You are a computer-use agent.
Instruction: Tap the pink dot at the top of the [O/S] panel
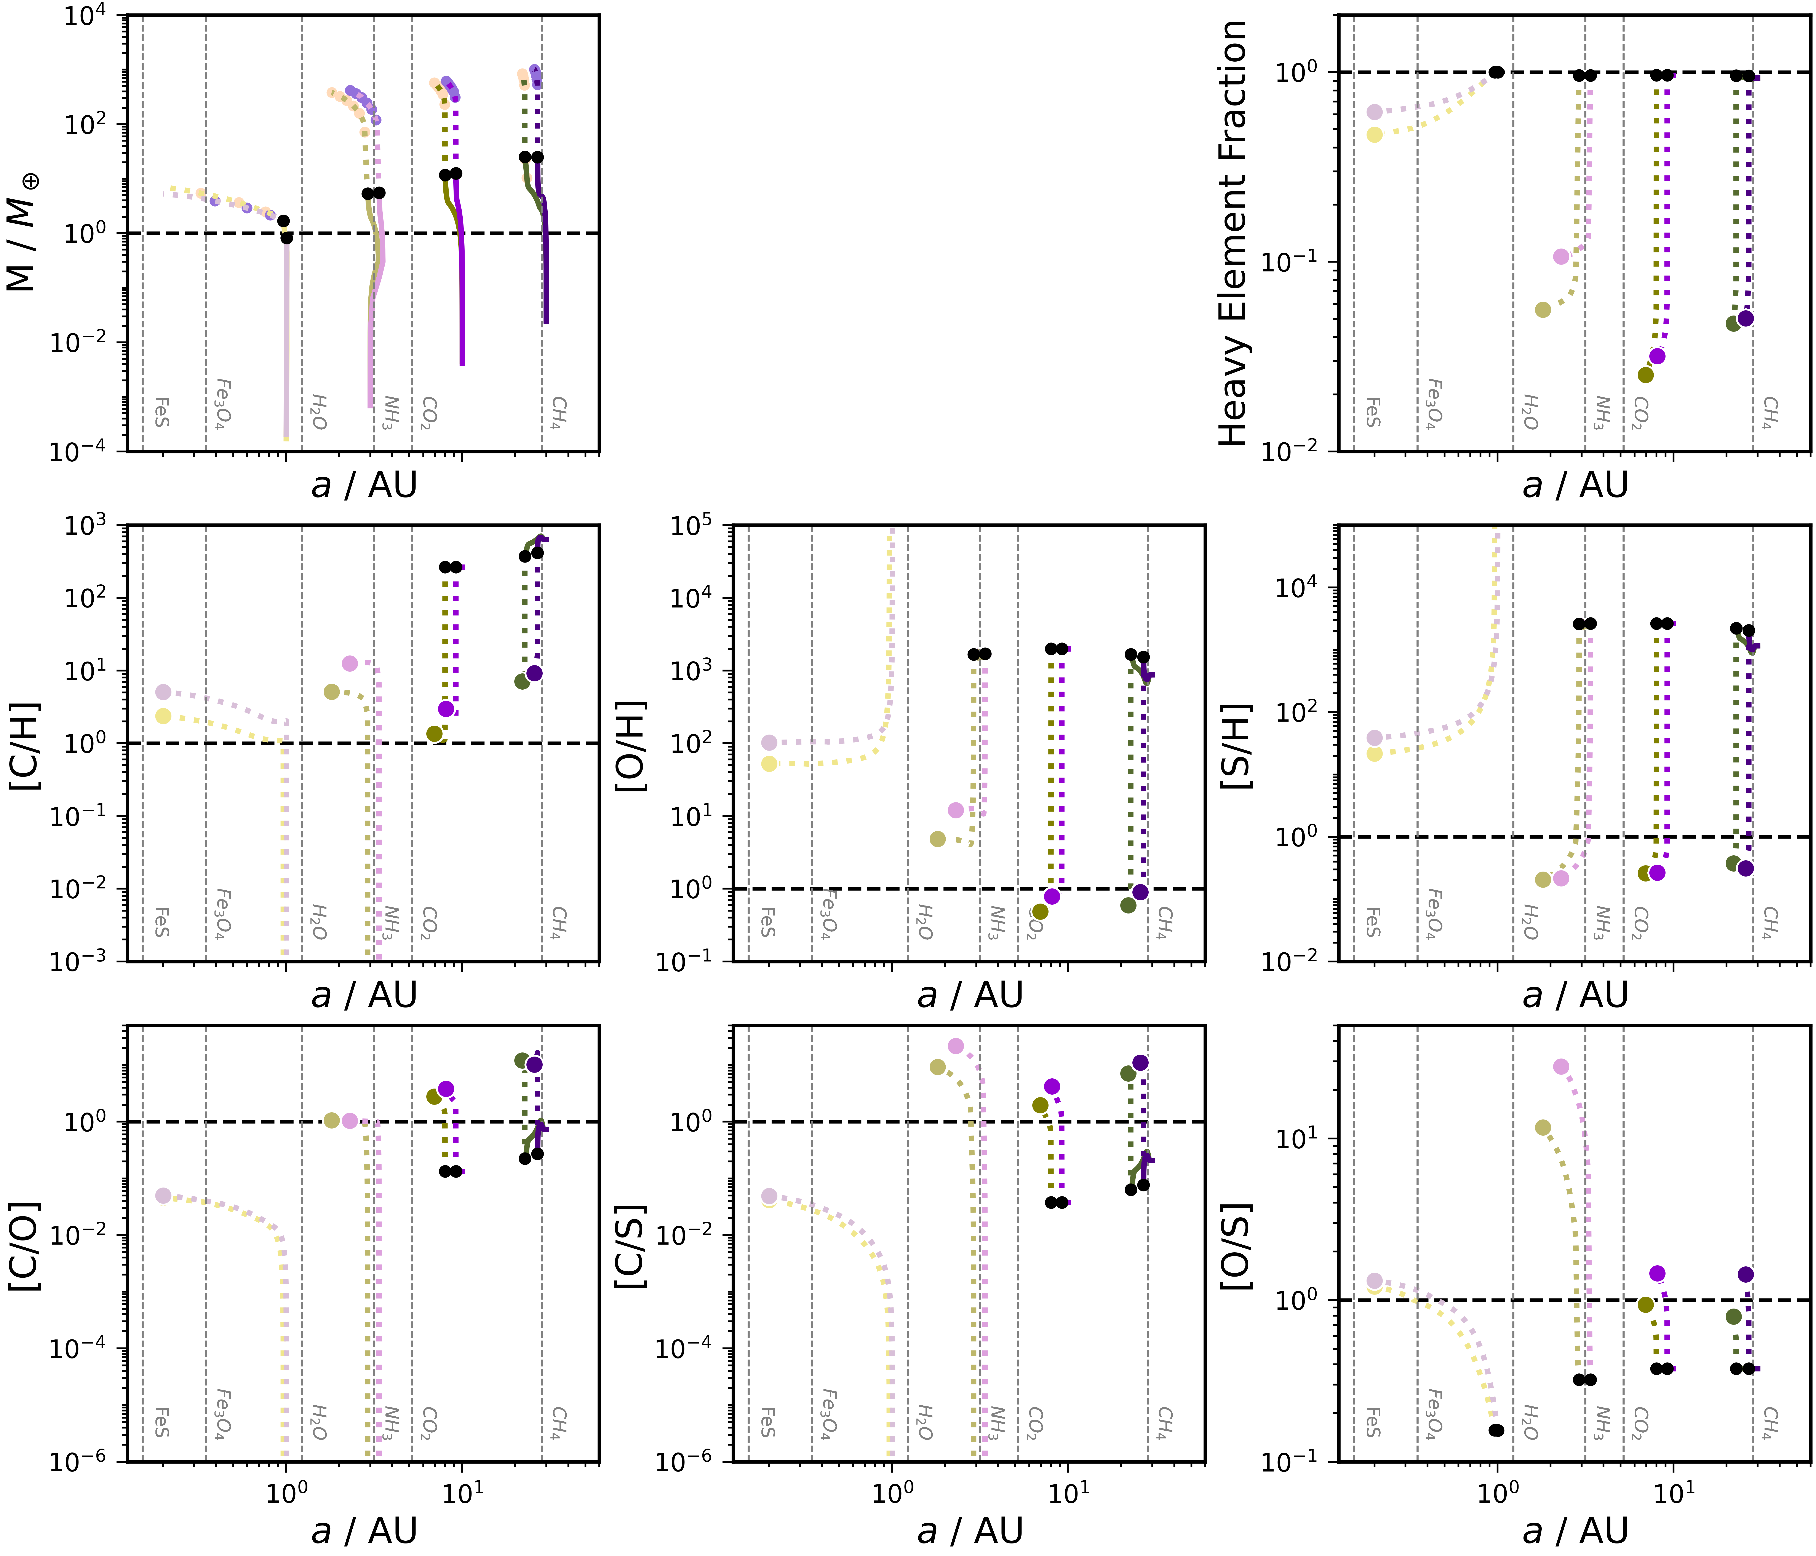click(x=1561, y=1066)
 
